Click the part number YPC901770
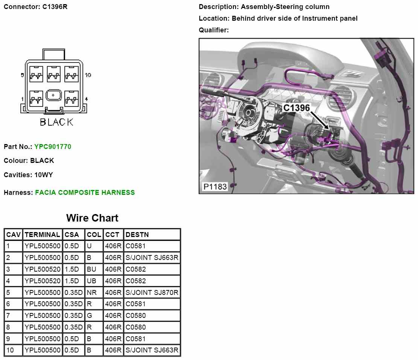click(52, 147)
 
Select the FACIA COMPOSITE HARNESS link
click(85, 193)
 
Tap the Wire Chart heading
click(92, 218)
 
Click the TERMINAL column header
click(42, 235)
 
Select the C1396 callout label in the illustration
click(296, 108)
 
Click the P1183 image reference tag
click(215, 187)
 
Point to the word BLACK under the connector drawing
click(56, 122)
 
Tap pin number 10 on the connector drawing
click(88, 75)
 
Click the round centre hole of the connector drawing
click(53, 95)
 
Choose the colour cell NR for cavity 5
click(91, 292)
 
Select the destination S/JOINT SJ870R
click(152, 292)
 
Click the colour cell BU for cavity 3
click(91, 269)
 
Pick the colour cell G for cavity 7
click(90, 315)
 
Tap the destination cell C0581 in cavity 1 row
click(135, 246)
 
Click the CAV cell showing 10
click(10, 350)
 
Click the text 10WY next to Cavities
click(44, 175)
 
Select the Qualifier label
click(213, 30)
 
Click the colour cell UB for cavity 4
click(91, 281)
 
